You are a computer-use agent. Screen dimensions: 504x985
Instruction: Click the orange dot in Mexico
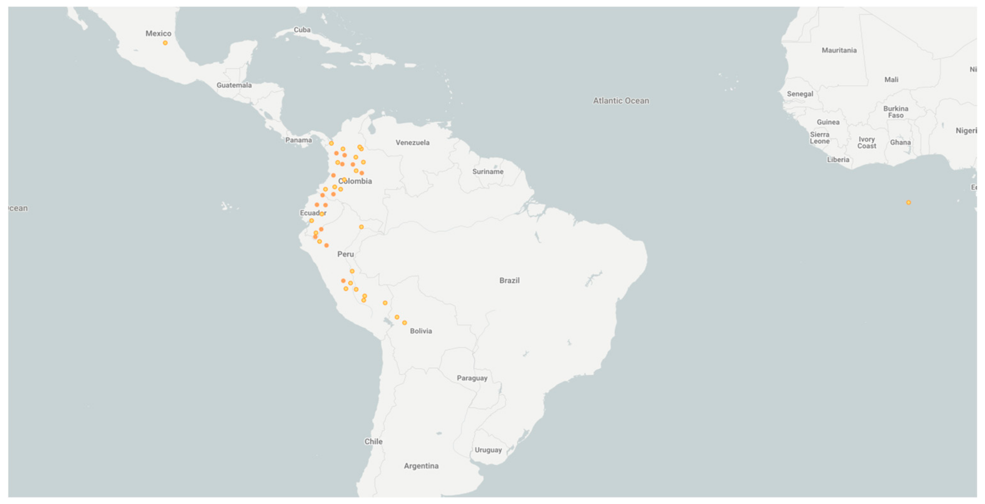click(165, 43)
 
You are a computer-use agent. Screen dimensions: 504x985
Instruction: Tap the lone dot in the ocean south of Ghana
click(908, 202)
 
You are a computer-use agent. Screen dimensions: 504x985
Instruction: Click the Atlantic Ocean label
click(621, 101)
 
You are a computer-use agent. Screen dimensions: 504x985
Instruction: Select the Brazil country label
click(509, 281)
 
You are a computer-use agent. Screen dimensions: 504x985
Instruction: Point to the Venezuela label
click(412, 142)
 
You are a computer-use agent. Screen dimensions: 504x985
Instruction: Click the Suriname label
click(488, 171)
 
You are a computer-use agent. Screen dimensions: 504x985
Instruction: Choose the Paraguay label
click(472, 378)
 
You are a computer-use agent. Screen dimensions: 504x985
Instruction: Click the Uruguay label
click(488, 450)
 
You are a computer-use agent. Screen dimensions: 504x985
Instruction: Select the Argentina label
click(421, 466)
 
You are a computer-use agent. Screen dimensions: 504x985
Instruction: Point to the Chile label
click(373, 441)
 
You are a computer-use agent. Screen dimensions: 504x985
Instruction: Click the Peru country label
click(345, 254)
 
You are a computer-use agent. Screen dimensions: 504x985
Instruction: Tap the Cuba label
click(302, 30)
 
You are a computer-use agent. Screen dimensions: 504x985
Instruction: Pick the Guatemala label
click(234, 85)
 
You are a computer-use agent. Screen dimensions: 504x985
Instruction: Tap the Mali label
click(891, 80)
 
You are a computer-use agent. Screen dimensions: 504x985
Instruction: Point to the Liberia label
click(838, 160)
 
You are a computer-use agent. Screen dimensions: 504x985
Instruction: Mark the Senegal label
click(800, 94)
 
